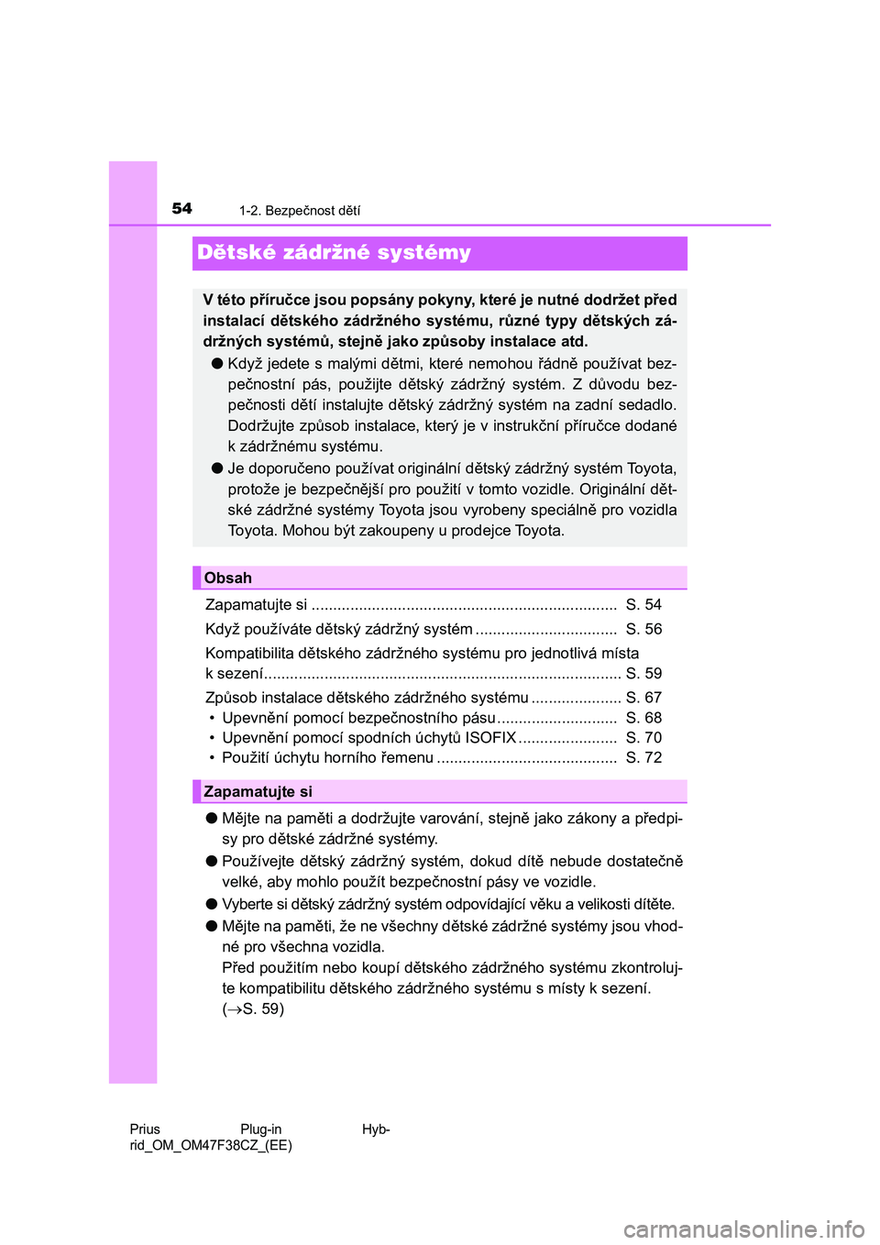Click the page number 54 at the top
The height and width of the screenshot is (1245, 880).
click(182, 208)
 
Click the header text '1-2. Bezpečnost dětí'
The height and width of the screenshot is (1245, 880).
click(300, 211)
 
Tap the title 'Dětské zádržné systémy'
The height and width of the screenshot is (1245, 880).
click(335, 253)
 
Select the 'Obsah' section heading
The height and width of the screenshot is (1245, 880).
click(228, 578)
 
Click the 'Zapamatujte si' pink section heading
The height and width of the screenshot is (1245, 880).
click(258, 791)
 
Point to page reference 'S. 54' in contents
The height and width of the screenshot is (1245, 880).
click(643, 604)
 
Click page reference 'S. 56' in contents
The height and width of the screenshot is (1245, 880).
click(643, 629)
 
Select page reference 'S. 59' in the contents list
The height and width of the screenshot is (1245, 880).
click(643, 673)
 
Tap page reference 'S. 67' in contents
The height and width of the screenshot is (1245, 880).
click(643, 698)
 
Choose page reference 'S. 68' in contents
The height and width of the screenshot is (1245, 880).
click(643, 718)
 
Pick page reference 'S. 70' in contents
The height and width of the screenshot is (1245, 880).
click(643, 737)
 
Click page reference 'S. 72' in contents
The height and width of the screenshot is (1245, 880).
click(643, 757)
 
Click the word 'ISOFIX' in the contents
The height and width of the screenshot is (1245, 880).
click(490, 737)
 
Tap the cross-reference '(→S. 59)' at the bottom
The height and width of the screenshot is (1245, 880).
click(253, 1008)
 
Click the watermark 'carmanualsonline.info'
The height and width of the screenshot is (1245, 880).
click(743, 1228)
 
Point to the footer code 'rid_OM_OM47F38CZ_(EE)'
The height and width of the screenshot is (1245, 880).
click(211, 1145)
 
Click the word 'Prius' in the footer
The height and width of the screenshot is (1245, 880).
click(145, 1129)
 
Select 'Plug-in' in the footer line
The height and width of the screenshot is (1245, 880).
click(261, 1129)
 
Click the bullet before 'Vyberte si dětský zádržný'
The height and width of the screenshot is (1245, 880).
click(211, 903)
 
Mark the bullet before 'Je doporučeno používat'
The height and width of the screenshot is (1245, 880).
click(217, 468)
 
